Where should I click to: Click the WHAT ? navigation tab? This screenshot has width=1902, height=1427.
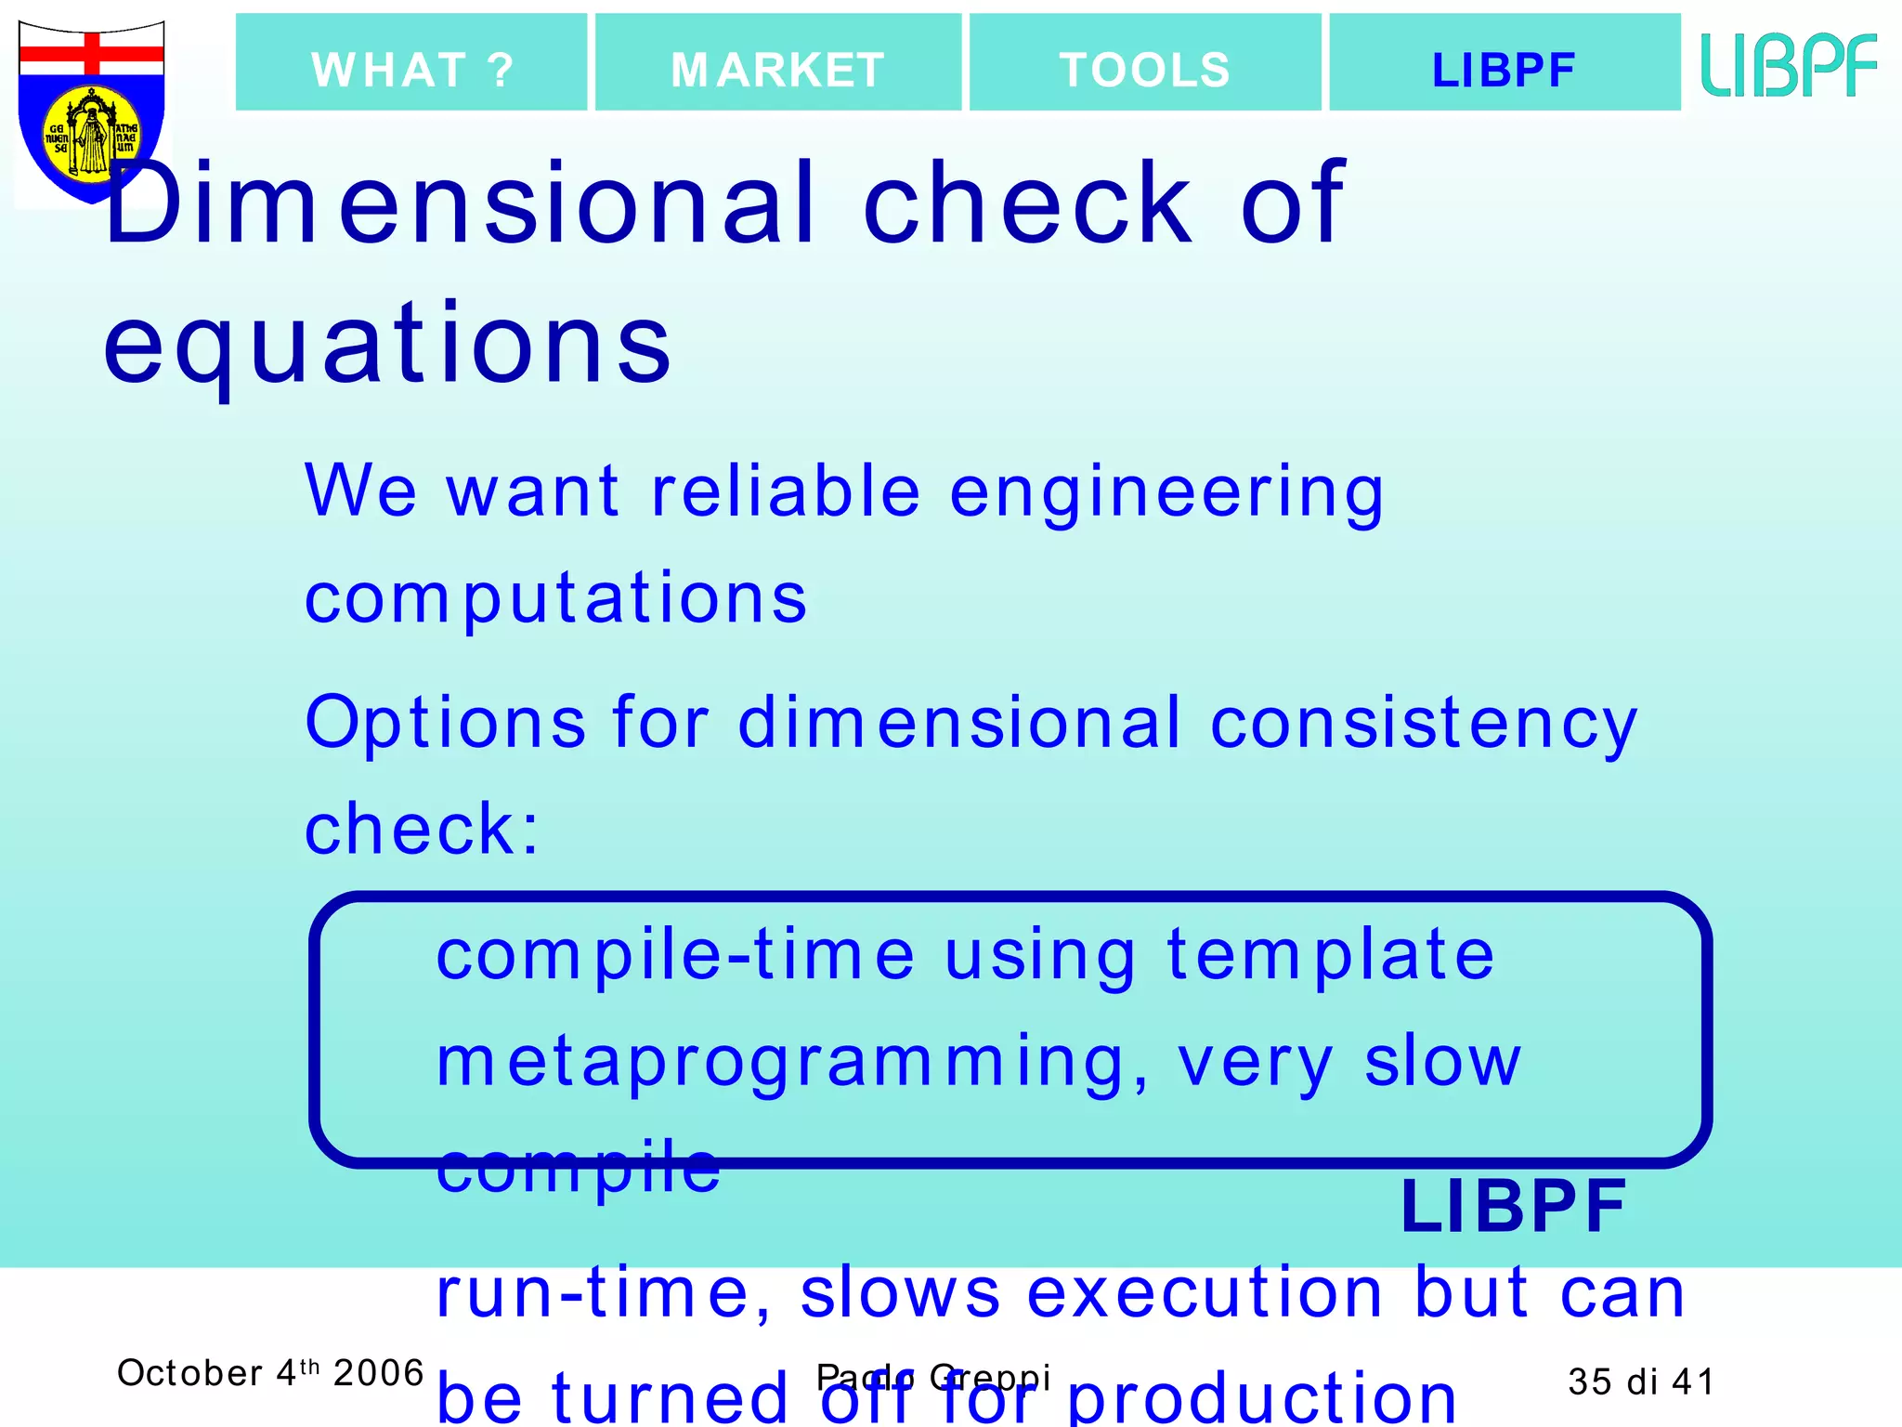411,63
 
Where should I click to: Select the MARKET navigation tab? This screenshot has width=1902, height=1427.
777,63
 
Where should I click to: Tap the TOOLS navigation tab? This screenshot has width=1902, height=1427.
1144,63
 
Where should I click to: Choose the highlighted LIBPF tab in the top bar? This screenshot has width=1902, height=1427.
1504,63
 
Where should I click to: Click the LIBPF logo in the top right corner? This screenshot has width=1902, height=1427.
1788,64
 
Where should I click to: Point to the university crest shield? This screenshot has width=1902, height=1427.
91,111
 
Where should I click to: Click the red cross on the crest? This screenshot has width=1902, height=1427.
92,54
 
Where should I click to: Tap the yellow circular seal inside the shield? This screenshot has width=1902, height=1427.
92,136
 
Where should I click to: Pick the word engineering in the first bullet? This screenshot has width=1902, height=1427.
1166,491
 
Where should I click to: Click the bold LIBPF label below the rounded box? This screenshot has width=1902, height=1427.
1513,1206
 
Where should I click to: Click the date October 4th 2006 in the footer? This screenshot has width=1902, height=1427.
269,1373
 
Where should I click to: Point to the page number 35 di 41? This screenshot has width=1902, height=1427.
1640,1381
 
